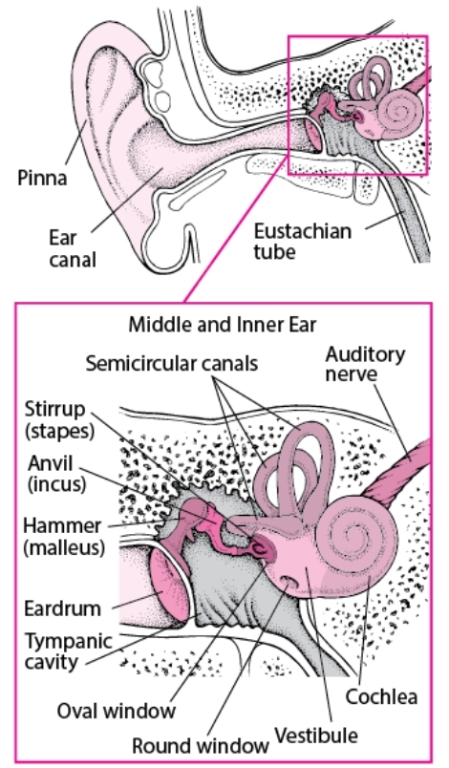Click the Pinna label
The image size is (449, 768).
(x=42, y=178)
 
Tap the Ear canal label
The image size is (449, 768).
(x=72, y=248)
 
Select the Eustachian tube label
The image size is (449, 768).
(x=302, y=241)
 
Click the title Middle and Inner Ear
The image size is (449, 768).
(x=223, y=324)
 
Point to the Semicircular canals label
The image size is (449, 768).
(x=171, y=363)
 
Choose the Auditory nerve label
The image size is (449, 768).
(x=365, y=364)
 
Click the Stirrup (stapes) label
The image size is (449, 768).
(x=59, y=419)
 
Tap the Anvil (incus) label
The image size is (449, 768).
(x=56, y=473)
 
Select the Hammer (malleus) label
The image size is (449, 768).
(x=64, y=536)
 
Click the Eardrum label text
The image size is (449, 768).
(x=63, y=608)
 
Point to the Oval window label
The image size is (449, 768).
(x=116, y=710)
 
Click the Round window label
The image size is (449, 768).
(x=201, y=745)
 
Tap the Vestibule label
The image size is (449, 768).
(x=316, y=736)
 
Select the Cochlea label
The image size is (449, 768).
(x=381, y=696)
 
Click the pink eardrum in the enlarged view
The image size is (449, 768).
(x=169, y=586)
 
